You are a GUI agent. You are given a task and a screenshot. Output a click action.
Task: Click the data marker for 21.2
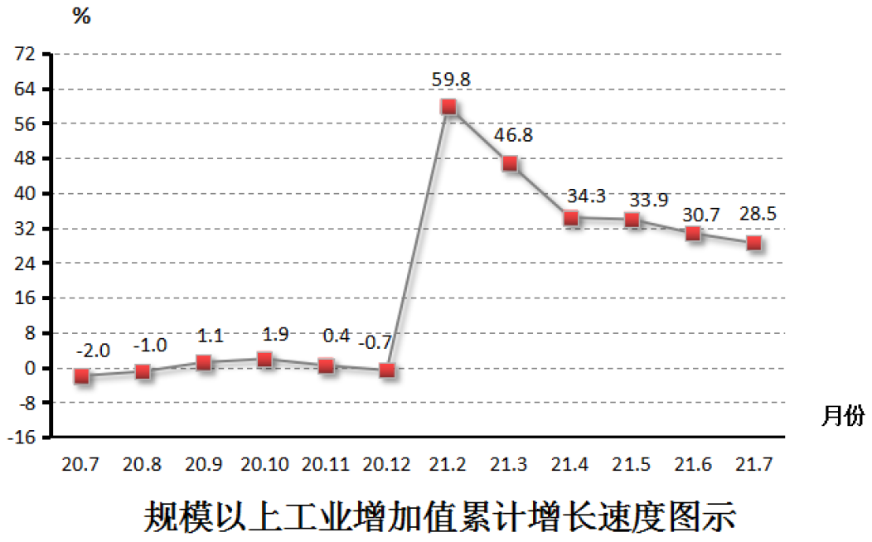point(448,107)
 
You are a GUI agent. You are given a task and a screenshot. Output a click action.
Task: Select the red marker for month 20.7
point(81,376)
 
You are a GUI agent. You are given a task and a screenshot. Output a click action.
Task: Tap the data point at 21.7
point(753,243)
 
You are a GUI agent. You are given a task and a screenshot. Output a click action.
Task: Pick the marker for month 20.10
point(265,360)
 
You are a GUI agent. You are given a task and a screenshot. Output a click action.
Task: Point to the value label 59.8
point(451,80)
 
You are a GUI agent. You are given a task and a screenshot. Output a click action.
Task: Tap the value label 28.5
point(757,215)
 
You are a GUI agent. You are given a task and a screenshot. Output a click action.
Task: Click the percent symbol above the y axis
point(81,15)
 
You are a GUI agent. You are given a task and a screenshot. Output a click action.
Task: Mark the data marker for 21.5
point(632,220)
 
